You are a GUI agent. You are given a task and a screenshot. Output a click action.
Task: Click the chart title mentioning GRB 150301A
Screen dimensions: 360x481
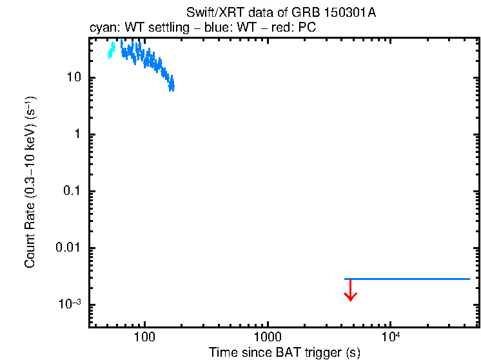284,14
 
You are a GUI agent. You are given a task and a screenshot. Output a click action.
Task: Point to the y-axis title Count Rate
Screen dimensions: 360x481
30,182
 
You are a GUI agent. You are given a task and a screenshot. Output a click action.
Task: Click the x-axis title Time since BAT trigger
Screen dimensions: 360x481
284,352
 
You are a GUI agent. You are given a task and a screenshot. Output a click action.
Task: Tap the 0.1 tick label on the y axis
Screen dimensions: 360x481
70,192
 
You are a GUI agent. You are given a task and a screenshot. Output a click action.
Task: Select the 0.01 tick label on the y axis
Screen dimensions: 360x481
66,248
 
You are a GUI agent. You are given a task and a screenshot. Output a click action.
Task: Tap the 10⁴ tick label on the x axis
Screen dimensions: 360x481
389,336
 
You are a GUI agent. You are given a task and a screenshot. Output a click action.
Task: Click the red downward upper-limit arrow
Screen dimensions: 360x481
350,290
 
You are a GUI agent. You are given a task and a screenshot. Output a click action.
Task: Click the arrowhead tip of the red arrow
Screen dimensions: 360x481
350,300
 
